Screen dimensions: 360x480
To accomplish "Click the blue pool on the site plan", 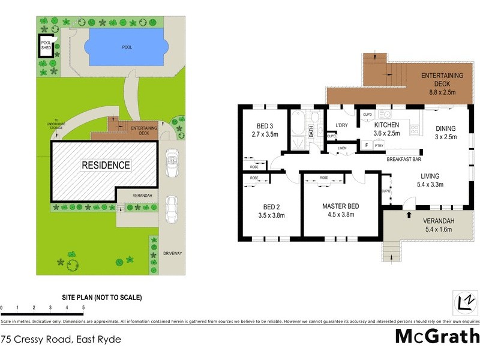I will (x=125, y=47).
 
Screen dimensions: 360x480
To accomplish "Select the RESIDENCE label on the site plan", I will (x=106, y=165).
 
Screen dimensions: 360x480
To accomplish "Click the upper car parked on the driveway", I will (x=172, y=163).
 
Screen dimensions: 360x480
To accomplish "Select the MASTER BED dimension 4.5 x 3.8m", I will (x=340, y=215).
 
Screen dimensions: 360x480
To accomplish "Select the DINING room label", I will (x=445, y=128).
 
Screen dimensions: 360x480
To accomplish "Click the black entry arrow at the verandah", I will (x=409, y=214).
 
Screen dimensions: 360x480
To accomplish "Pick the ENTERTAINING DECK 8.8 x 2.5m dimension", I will (x=445, y=93).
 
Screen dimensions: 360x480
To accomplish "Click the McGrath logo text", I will (x=436, y=336).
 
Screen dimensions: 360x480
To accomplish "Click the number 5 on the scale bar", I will (x=83, y=308).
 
